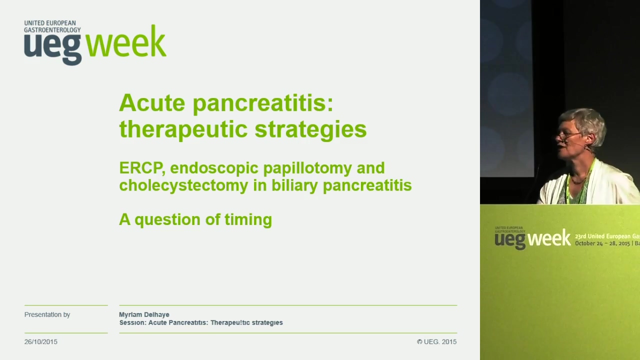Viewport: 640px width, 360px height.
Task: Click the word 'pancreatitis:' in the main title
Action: (263, 103)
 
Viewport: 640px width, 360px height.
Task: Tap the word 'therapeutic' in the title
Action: (183, 129)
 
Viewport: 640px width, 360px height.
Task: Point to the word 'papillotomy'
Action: (307, 168)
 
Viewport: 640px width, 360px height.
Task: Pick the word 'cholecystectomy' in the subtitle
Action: (183, 186)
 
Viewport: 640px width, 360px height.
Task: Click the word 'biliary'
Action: (294, 186)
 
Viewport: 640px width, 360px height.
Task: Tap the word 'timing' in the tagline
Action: (248, 219)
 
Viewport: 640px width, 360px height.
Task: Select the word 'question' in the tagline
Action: (167, 220)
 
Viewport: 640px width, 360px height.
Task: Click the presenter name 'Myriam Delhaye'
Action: (144, 314)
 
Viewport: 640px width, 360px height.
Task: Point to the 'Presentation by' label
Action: (47, 314)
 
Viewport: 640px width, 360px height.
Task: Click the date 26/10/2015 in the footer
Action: (41, 341)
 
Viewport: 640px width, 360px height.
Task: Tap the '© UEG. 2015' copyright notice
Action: (436, 341)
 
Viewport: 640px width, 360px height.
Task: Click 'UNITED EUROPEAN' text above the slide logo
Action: (50, 23)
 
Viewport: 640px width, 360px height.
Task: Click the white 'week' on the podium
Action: (549, 237)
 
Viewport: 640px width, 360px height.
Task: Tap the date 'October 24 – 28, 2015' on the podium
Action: (602, 243)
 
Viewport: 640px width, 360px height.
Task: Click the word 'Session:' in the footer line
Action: (132, 322)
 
